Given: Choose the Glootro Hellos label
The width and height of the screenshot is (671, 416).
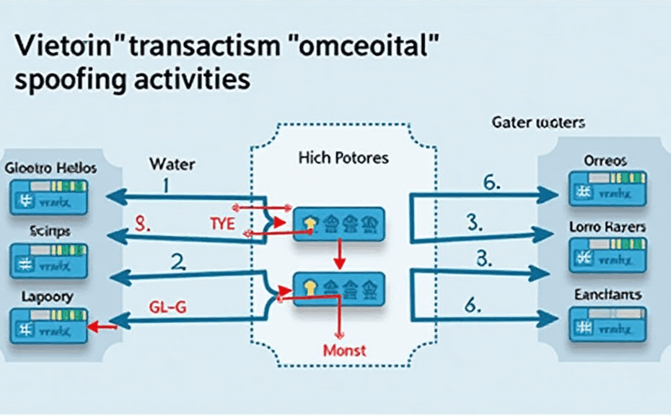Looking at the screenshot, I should coord(50,168).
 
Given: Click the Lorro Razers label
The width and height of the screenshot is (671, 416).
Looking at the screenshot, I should coord(607,227).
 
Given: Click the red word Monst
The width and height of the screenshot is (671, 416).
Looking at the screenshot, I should coord(344,351).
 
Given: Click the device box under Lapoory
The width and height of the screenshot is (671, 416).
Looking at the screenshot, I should coord(48,326).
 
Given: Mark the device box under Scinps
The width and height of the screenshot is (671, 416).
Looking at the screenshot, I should coord(48,261).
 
